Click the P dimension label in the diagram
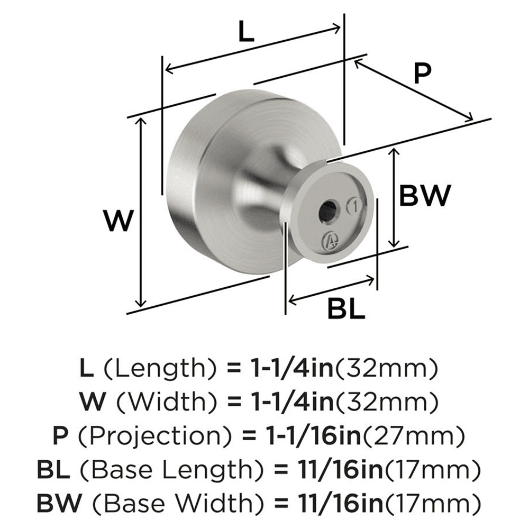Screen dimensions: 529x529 pos(422,74)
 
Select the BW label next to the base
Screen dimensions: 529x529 pos(424,196)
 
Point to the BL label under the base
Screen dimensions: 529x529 pos(346,308)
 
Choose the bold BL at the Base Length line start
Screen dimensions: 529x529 pos(50,469)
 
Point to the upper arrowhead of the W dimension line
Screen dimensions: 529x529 pos(140,121)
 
